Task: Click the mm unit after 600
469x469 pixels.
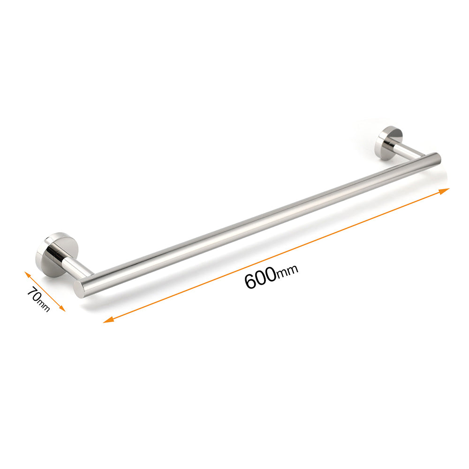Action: point(287,272)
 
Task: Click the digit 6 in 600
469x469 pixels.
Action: point(250,282)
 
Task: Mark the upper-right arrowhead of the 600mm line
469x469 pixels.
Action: point(446,190)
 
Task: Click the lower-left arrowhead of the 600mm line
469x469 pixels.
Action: point(107,321)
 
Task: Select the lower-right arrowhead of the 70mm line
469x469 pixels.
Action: point(62,309)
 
